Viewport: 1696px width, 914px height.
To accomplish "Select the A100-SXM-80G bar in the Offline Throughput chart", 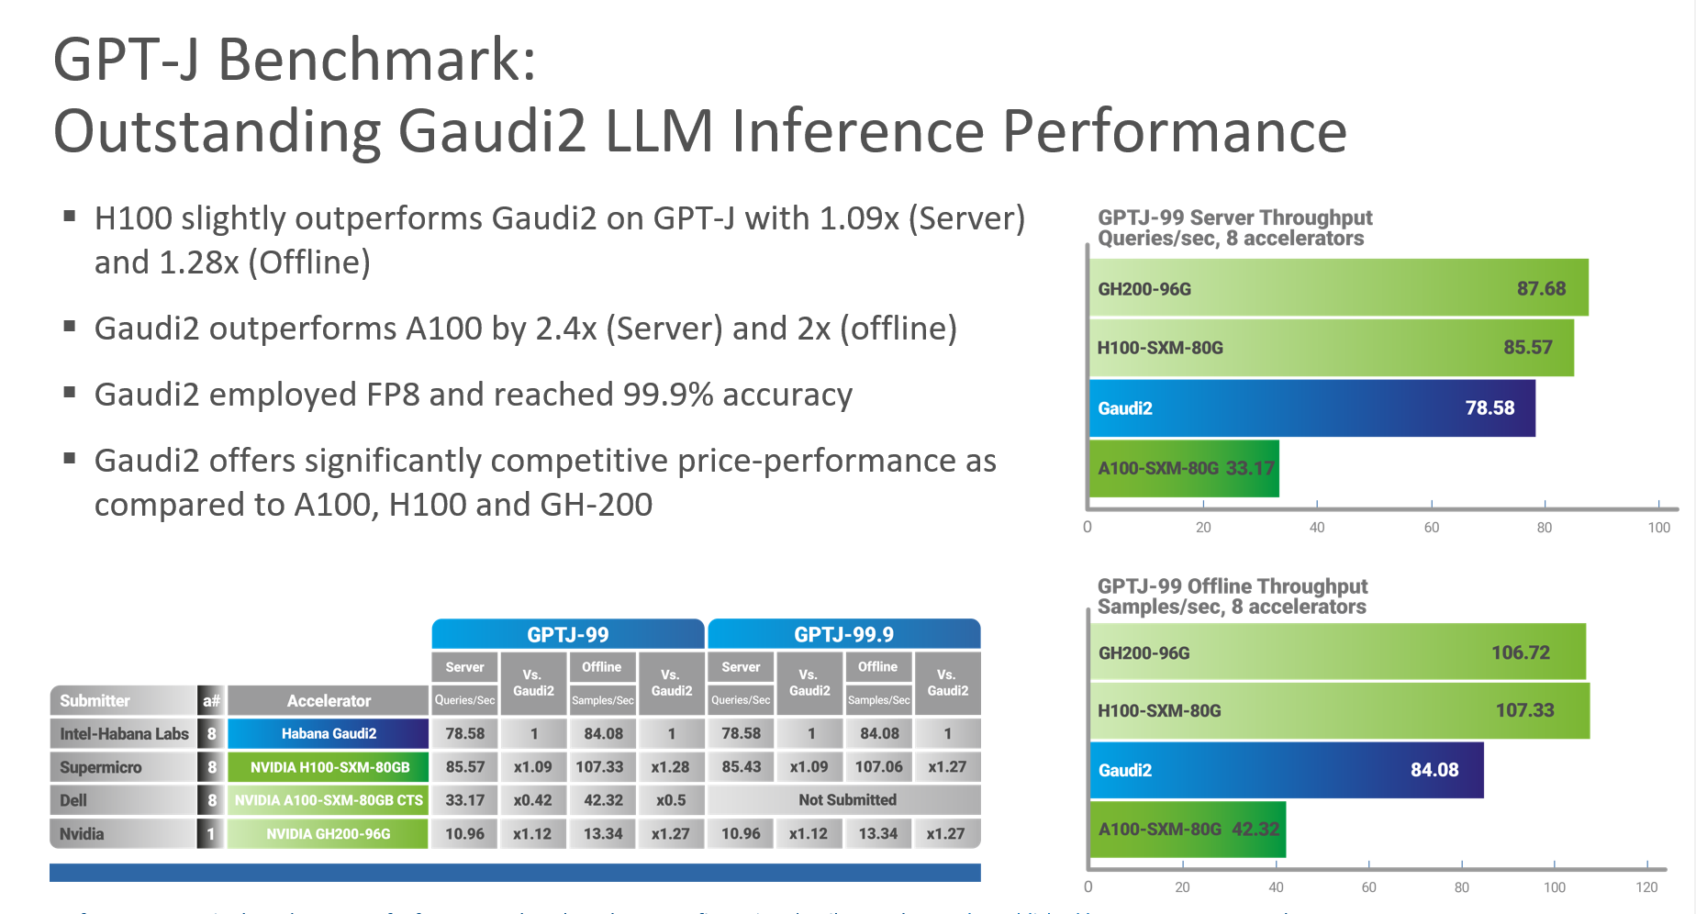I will [1188, 830].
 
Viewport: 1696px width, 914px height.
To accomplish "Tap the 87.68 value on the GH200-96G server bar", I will [1541, 289].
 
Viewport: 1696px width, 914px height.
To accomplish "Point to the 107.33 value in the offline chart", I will [1524, 710].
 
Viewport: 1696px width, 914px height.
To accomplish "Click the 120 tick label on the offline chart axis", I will [1646, 887].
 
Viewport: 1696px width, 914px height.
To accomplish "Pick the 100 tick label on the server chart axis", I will [1658, 528].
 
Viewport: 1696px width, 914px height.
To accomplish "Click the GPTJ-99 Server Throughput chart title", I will [1234, 228].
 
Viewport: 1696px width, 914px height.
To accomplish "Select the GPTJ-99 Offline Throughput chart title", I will [1232, 596].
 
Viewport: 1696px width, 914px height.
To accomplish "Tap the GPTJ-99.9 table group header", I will [843, 635].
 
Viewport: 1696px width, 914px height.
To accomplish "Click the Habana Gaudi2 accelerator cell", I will [329, 734].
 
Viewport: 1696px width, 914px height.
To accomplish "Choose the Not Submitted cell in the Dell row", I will [846, 800].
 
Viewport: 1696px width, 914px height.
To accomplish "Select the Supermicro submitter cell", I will [101, 767].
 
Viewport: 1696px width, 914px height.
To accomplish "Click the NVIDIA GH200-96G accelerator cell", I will [328, 834].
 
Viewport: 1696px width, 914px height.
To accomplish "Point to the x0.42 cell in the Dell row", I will [532, 800].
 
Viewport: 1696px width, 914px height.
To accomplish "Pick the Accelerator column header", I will [329, 701].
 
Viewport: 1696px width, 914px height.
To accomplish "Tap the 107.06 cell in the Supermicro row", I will [878, 767].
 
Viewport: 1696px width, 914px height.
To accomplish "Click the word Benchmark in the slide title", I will [376, 60].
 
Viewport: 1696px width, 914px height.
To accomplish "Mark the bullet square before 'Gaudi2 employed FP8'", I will [69, 392].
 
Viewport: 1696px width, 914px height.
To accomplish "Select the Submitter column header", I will [95, 701].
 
